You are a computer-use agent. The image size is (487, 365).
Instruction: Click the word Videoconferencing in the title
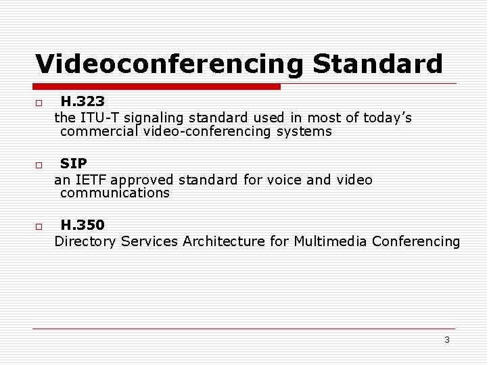pos(169,64)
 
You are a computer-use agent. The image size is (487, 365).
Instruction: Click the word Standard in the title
pos(377,64)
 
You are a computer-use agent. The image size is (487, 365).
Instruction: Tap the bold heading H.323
pos(83,101)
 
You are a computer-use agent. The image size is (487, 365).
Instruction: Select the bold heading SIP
pos(73,163)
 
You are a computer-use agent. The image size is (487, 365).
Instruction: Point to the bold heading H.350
pos(83,224)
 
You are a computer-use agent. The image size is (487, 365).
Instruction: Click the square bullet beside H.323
pos(39,103)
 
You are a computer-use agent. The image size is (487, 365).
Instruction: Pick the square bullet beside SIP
pos(39,165)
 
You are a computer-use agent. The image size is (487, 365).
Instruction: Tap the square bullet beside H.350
pos(39,226)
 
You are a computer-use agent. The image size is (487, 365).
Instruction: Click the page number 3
pos(447,339)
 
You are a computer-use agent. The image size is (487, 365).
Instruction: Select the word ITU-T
pos(99,118)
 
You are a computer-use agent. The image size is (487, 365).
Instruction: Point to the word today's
pos(388,118)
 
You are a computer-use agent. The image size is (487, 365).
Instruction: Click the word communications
pos(114,193)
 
